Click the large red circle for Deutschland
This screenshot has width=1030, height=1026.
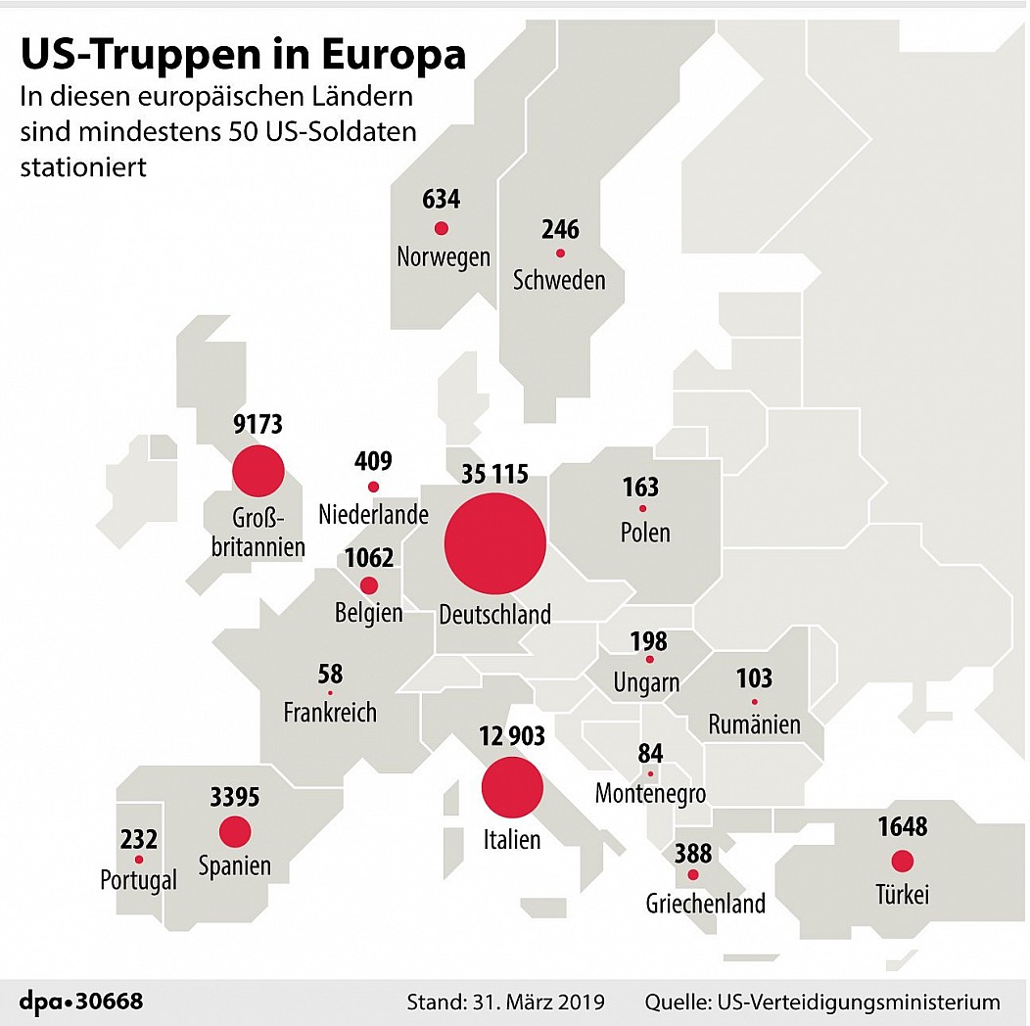click(x=494, y=544)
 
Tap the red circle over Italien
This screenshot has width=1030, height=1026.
click(x=512, y=787)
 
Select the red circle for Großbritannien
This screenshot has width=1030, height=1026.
click(x=258, y=471)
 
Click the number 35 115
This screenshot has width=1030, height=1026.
click(x=494, y=474)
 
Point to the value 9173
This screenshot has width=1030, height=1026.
click(x=258, y=424)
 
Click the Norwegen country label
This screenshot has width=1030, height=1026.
click(x=444, y=256)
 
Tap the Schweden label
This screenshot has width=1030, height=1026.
click(x=559, y=280)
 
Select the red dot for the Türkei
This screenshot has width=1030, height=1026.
click(x=903, y=862)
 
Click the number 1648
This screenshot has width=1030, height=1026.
click(x=903, y=826)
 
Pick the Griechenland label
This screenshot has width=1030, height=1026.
click(x=706, y=904)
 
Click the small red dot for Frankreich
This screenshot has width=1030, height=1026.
click(x=330, y=693)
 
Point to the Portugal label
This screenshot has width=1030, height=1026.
click(x=139, y=880)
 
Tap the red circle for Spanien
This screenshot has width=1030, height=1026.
click(x=235, y=831)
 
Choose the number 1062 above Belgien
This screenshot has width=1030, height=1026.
click(x=369, y=558)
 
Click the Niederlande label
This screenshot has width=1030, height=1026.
click(x=373, y=514)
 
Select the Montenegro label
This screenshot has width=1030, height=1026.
click(x=650, y=793)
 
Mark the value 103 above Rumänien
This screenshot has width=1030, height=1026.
click(x=754, y=677)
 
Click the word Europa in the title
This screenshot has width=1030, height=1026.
click(x=394, y=55)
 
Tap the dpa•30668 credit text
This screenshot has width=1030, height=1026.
click(x=81, y=1002)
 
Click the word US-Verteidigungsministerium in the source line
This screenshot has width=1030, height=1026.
click(x=860, y=1002)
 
